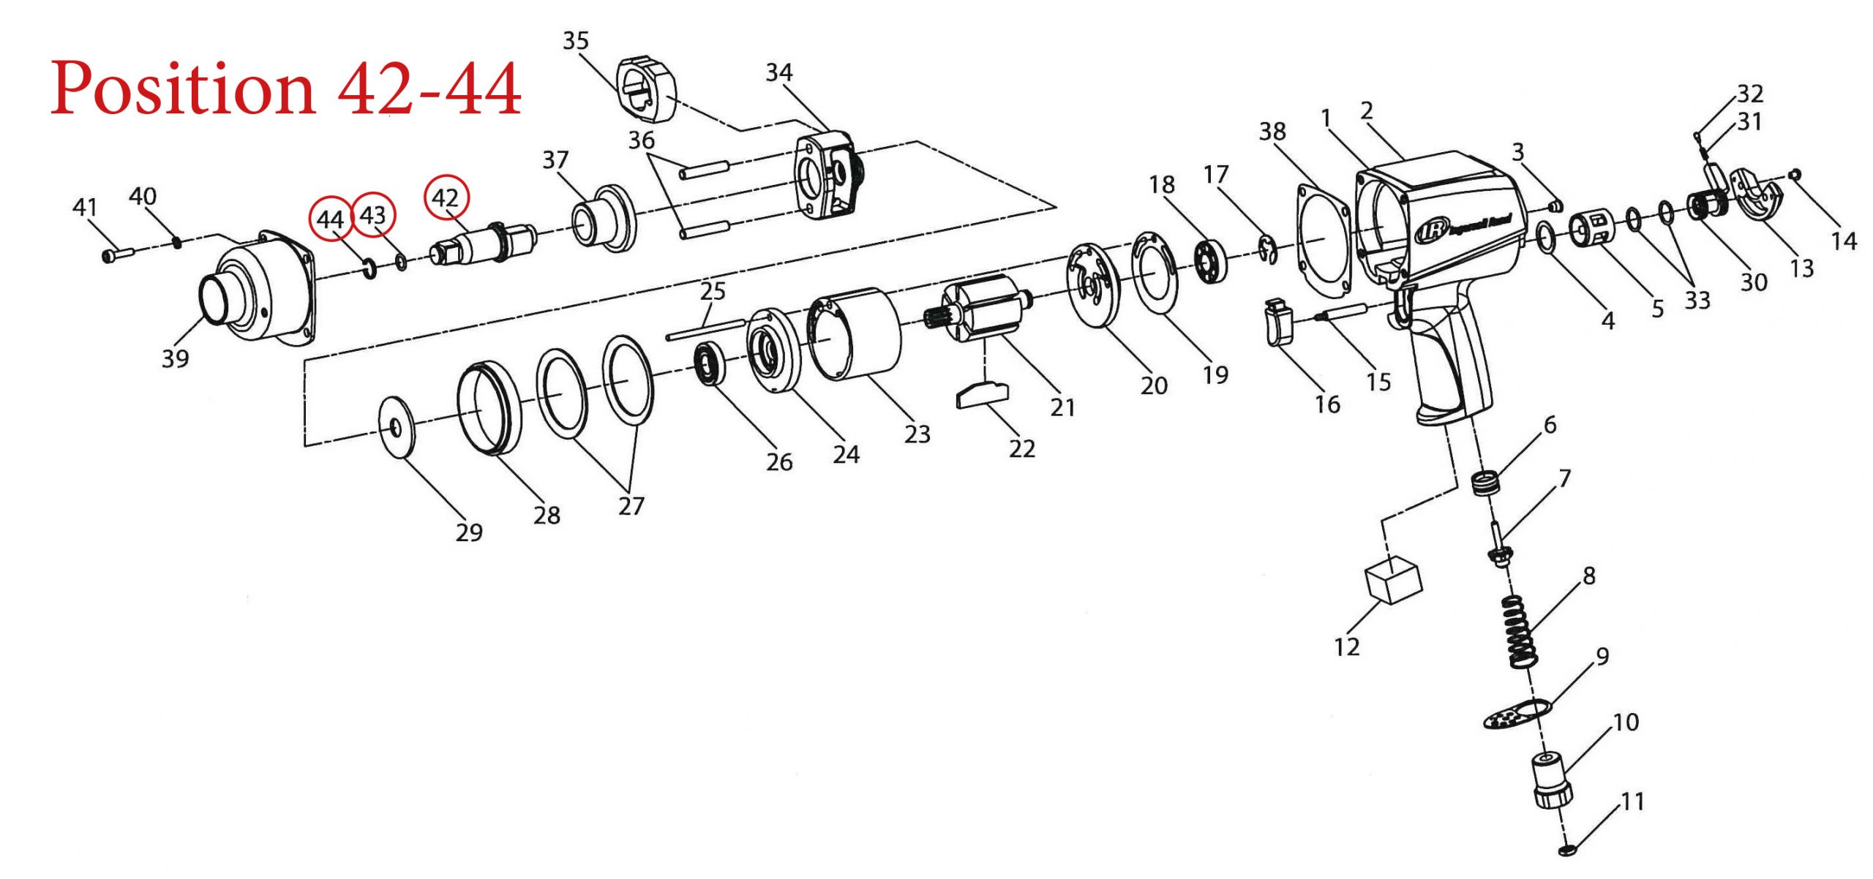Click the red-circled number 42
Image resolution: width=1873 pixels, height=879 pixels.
click(x=446, y=197)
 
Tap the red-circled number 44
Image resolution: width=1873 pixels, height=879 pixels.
click(x=331, y=219)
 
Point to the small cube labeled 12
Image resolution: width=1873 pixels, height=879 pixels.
click(x=1393, y=579)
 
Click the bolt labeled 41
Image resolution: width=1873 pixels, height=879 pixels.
click(x=117, y=255)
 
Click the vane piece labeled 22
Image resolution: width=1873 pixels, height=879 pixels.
click(x=982, y=394)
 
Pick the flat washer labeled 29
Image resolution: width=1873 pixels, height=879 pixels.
click(x=396, y=427)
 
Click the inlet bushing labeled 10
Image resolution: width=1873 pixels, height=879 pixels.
click(x=1550, y=780)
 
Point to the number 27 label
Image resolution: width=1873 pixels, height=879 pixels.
click(x=631, y=506)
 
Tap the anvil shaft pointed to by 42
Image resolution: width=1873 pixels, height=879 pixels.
click(x=483, y=244)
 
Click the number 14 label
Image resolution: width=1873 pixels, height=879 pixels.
click(x=1843, y=241)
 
